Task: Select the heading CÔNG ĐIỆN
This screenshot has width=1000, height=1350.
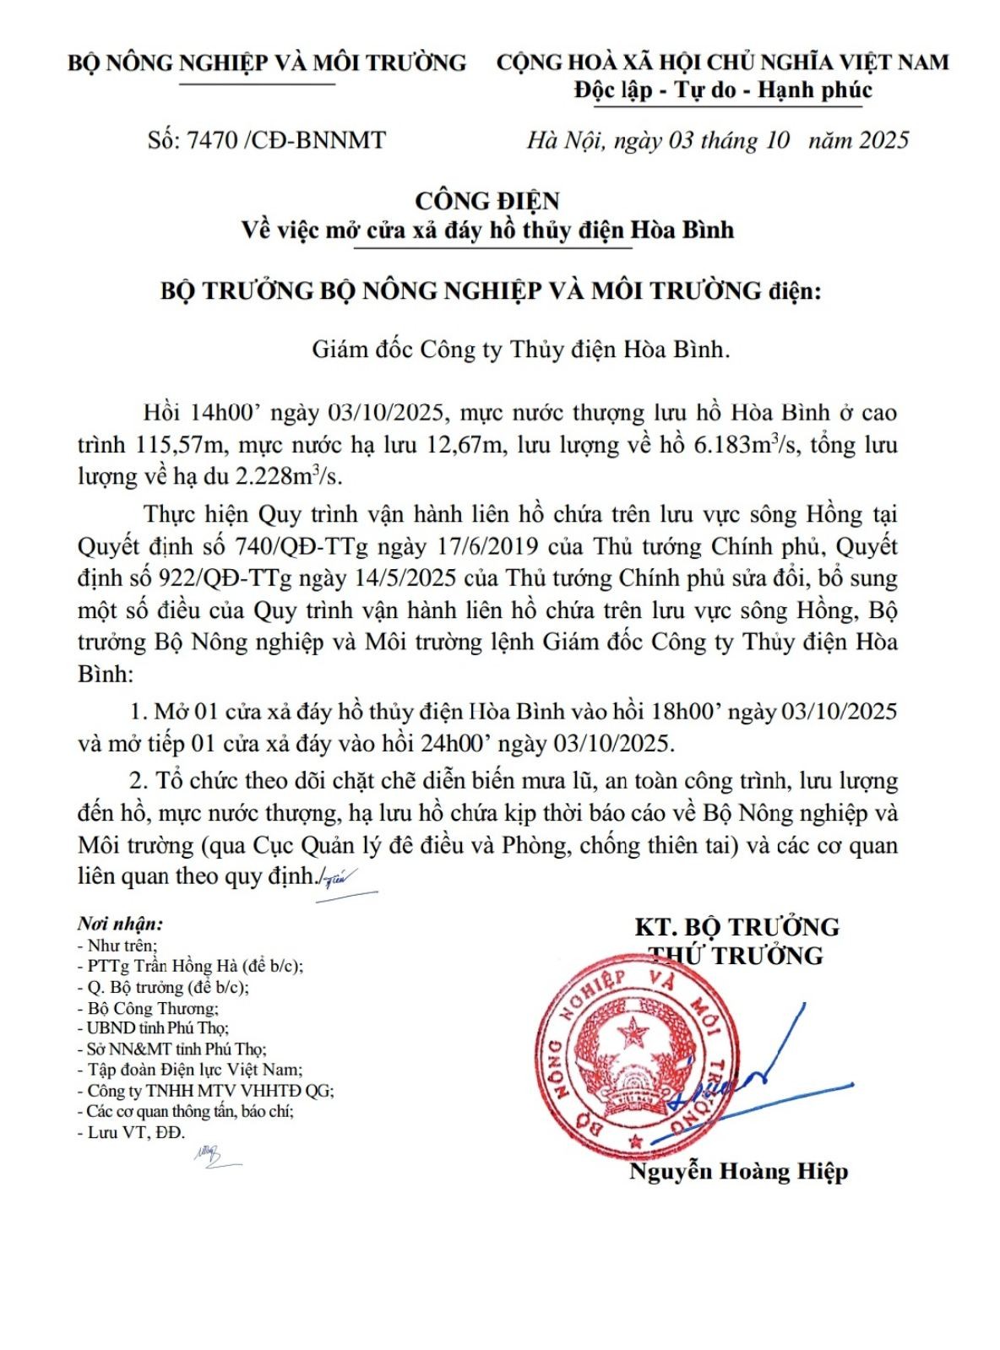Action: tap(487, 201)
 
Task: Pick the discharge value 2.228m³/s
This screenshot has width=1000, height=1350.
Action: tap(290, 477)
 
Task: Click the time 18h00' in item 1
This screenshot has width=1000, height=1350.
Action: tap(687, 711)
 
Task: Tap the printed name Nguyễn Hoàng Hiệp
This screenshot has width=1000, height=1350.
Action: tap(738, 1171)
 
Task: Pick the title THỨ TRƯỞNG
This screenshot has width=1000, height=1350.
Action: tap(735, 956)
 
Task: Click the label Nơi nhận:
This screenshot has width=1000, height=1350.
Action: tap(120, 924)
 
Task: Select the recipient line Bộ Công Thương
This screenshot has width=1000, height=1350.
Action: tap(148, 1008)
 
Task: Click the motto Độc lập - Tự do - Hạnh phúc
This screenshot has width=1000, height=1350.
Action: tap(723, 89)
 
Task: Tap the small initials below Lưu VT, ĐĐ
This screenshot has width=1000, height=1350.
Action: tap(211, 1155)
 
